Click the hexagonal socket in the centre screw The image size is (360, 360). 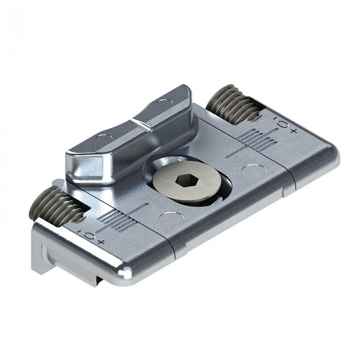pos(184,181)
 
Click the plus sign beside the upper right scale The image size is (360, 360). pos(294,131)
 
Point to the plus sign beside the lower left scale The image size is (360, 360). pos(100,241)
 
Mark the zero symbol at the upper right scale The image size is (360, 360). pos(283,125)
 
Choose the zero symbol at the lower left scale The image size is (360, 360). pos(89,236)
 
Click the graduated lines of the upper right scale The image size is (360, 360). pos(255,137)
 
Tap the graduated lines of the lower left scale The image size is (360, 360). pos(114,220)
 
